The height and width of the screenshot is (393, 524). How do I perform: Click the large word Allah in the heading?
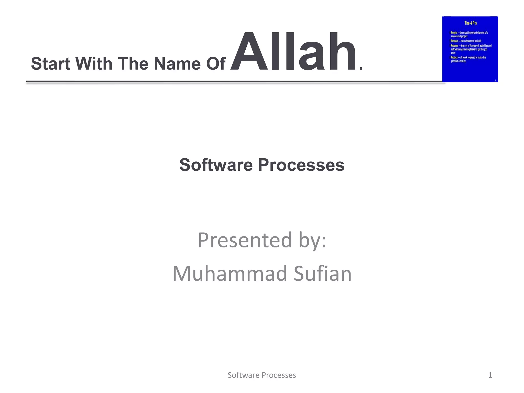click(293, 52)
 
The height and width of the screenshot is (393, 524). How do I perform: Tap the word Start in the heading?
click(50, 64)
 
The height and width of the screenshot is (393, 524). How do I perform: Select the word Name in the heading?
click(177, 64)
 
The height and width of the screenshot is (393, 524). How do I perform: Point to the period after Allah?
click(361, 68)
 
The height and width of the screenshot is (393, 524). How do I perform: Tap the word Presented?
click(245, 240)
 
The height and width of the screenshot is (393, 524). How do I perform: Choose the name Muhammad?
click(230, 274)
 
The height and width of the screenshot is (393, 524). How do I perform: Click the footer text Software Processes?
click(262, 375)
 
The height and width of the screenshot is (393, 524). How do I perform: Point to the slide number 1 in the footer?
click(490, 375)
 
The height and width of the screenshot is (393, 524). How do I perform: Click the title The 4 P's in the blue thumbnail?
click(471, 23)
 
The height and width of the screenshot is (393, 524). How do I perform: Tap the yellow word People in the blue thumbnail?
click(454, 33)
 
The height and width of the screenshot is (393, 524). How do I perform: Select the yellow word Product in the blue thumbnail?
click(454, 41)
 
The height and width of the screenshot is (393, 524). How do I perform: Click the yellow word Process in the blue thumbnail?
click(454, 46)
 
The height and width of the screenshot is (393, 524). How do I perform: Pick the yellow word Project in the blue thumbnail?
click(454, 58)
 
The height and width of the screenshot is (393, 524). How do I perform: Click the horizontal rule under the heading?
click(230, 82)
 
